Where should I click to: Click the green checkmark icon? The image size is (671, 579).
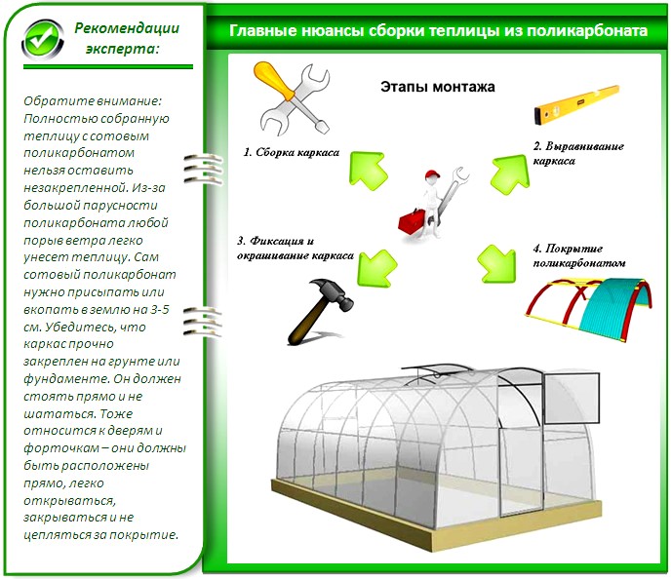(x=43, y=40)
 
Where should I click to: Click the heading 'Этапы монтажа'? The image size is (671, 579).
(x=438, y=87)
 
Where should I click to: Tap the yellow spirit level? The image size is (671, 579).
(x=576, y=104)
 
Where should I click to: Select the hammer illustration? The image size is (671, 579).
(x=321, y=311)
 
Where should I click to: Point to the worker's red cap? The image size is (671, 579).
(x=433, y=174)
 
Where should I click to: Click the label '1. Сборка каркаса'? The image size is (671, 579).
(x=291, y=153)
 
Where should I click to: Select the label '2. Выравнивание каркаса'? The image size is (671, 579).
(x=578, y=153)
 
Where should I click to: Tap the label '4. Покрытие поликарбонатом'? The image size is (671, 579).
(x=579, y=255)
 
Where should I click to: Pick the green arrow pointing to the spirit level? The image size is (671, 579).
(x=510, y=174)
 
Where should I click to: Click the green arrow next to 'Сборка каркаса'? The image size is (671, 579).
(x=369, y=171)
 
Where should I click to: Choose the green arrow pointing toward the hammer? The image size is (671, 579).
(x=377, y=268)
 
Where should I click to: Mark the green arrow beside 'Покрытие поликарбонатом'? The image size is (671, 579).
(x=497, y=264)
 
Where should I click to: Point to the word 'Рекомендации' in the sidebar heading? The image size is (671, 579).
(x=127, y=28)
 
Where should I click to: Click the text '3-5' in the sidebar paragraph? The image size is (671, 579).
(x=159, y=309)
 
